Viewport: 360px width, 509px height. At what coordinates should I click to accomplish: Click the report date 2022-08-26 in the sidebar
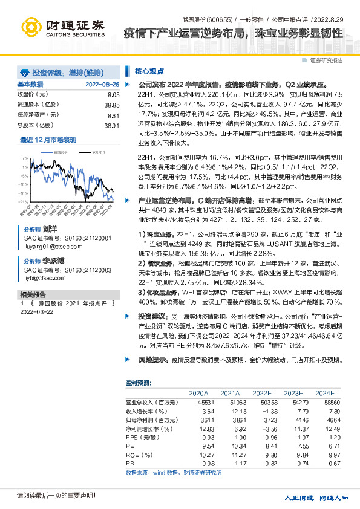(102, 84)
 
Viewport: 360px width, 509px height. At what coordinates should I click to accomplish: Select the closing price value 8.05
(114, 95)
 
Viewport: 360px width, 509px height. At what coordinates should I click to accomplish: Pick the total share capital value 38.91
(113, 125)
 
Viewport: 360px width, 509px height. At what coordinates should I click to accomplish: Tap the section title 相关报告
(29, 294)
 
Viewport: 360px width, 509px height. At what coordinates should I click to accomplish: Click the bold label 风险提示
(153, 360)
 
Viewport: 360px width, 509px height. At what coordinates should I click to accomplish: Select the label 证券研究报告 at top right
(326, 60)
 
